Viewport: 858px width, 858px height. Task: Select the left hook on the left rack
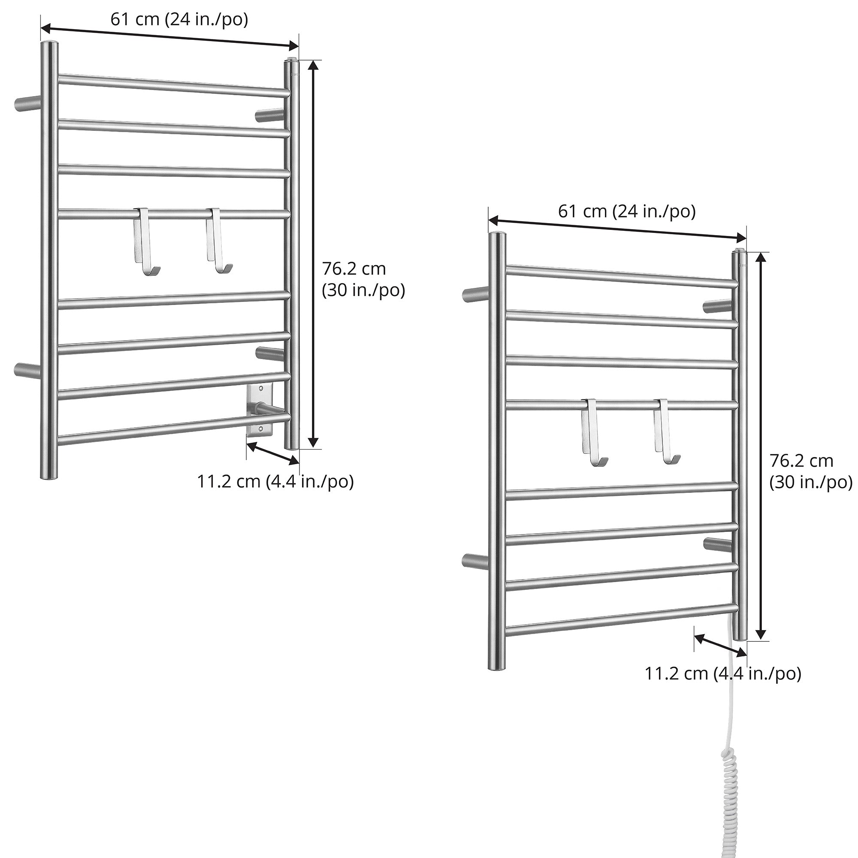146,242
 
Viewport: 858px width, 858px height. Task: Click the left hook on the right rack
593,433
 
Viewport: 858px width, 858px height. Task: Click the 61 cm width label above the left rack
179,20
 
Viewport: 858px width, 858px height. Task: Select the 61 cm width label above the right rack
627,211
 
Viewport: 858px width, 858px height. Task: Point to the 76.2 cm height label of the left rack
363,280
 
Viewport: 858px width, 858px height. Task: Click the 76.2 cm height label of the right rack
811,471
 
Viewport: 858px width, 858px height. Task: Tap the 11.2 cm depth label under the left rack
275,481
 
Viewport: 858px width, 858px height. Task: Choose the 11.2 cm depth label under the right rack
723,673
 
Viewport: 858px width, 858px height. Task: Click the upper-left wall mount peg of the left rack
27,103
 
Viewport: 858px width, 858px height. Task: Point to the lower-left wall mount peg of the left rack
27,370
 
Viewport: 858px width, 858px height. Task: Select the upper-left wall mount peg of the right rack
476,294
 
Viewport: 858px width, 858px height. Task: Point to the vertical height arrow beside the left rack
314,254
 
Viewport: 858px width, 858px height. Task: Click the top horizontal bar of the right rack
622,276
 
